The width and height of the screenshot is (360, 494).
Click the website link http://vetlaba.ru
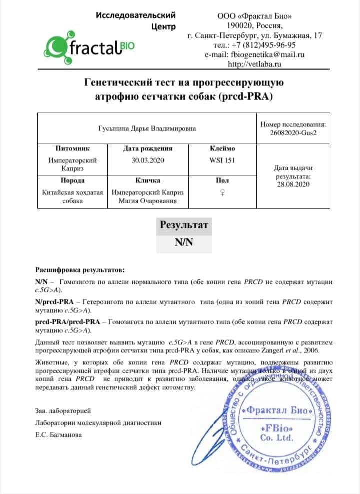click(x=255, y=64)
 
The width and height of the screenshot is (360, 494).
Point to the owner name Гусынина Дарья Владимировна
click(x=146, y=128)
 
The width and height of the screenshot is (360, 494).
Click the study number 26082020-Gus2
click(x=293, y=133)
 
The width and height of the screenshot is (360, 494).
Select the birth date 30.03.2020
click(x=147, y=160)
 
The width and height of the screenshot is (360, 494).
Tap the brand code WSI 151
click(x=222, y=160)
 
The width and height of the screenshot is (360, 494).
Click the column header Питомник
click(x=72, y=148)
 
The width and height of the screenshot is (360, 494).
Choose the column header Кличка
click(x=147, y=180)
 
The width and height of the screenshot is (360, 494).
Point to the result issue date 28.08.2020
click(x=293, y=184)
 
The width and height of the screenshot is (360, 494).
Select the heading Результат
click(x=183, y=225)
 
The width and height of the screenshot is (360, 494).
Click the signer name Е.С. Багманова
click(x=59, y=434)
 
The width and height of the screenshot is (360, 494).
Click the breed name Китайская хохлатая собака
click(x=72, y=197)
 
